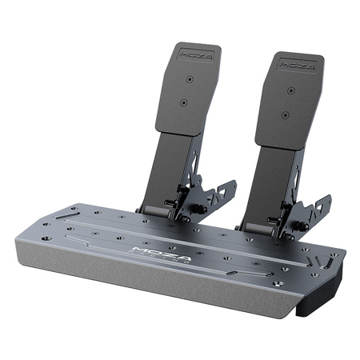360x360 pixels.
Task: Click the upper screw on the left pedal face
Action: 189,80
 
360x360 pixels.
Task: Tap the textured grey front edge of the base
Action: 160,288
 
